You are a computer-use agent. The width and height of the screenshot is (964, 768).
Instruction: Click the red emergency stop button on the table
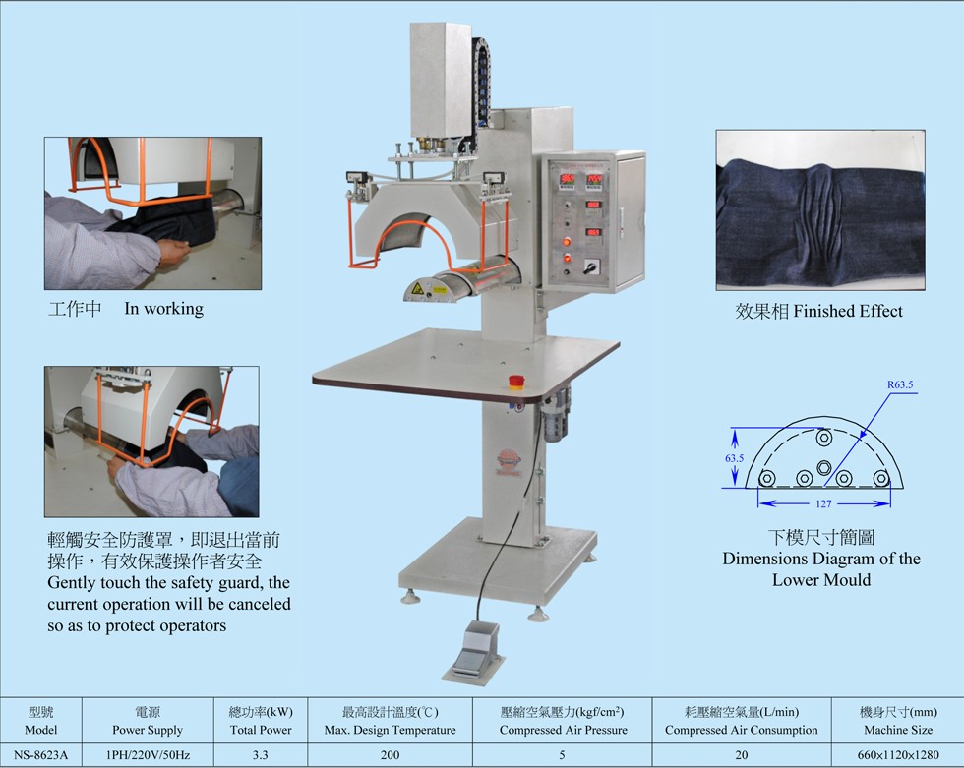[516, 382]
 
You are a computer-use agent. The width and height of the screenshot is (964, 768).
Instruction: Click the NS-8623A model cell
[40, 754]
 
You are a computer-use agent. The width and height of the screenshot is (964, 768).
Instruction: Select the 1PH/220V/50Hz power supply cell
[148, 754]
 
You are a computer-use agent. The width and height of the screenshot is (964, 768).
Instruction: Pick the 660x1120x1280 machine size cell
[898, 754]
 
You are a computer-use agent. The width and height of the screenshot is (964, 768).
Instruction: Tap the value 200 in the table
[390, 754]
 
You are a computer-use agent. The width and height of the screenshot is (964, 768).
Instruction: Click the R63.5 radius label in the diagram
[900, 384]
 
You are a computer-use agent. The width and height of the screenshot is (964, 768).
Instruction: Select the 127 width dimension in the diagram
[824, 503]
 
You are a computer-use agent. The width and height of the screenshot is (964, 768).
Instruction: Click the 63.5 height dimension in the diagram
[734, 457]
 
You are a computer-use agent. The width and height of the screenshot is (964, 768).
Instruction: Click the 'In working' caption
[163, 308]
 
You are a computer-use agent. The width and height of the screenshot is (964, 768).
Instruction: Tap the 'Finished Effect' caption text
[848, 311]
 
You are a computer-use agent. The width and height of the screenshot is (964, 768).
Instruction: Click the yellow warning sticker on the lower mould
[418, 288]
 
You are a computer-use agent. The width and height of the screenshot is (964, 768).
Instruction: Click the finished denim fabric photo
[820, 210]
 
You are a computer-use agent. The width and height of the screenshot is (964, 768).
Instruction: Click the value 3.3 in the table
[260, 754]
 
